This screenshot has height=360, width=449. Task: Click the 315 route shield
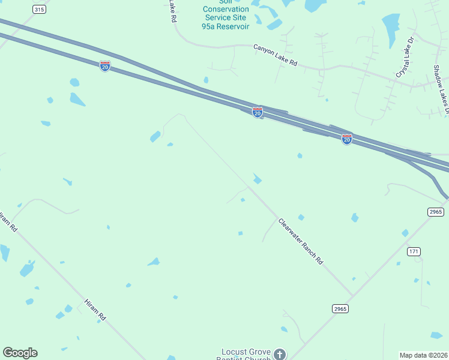pyautogui.click(x=39, y=10)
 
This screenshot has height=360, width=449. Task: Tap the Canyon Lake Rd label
pyautogui.click(x=276, y=55)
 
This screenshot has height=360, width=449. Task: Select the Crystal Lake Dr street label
pyautogui.click(x=405, y=58)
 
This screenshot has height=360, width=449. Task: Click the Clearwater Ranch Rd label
pyautogui.click(x=301, y=241)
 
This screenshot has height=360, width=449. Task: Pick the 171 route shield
pyautogui.click(x=414, y=251)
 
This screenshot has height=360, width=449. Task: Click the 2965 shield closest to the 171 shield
pyautogui.click(x=436, y=212)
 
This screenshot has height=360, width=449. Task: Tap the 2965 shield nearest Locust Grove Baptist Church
pyautogui.click(x=340, y=308)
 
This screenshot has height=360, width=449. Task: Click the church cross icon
pyautogui.click(x=280, y=354)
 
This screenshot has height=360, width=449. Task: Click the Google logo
pyautogui.click(x=20, y=352)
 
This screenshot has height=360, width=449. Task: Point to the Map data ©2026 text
pyautogui.click(x=423, y=355)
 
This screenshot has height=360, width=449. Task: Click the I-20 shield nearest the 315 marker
pyautogui.click(x=105, y=66)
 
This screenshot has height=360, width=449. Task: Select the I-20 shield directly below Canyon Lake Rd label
pyautogui.click(x=258, y=112)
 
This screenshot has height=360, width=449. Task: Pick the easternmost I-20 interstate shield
pyautogui.click(x=347, y=139)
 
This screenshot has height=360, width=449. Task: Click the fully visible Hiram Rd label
pyautogui.click(x=95, y=310)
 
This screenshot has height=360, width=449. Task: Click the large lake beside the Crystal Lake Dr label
pyautogui.click(x=391, y=27)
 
